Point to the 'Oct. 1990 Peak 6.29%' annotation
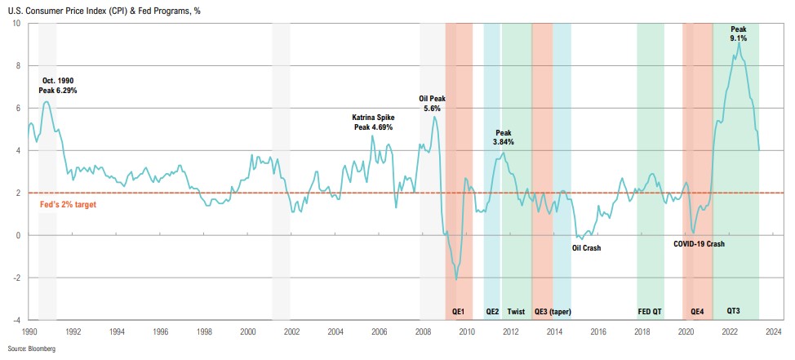click(x=58, y=85)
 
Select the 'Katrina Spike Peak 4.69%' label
click(x=372, y=122)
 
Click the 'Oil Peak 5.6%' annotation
click(x=432, y=102)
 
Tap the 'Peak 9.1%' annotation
click(x=738, y=33)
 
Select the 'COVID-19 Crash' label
click(x=699, y=243)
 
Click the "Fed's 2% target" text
click(x=68, y=204)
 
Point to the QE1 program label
click(x=458, y=311)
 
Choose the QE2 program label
click(x=492, y=311)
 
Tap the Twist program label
click(x=516, y=311)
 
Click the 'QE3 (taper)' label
click(x=553, y=311)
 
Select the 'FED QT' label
click(x=649, y=311)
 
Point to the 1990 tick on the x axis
click(x=29, y=332)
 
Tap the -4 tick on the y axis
click(x=17, y=320)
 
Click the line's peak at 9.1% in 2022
click(x=739, y=42)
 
